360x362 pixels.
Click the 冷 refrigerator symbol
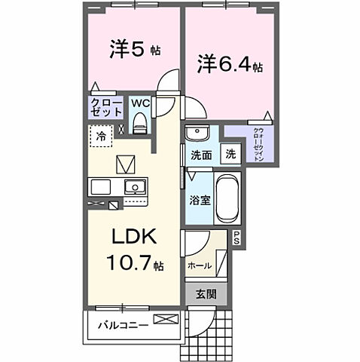tap(100, 137)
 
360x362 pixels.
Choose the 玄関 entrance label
tap(206, 293)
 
